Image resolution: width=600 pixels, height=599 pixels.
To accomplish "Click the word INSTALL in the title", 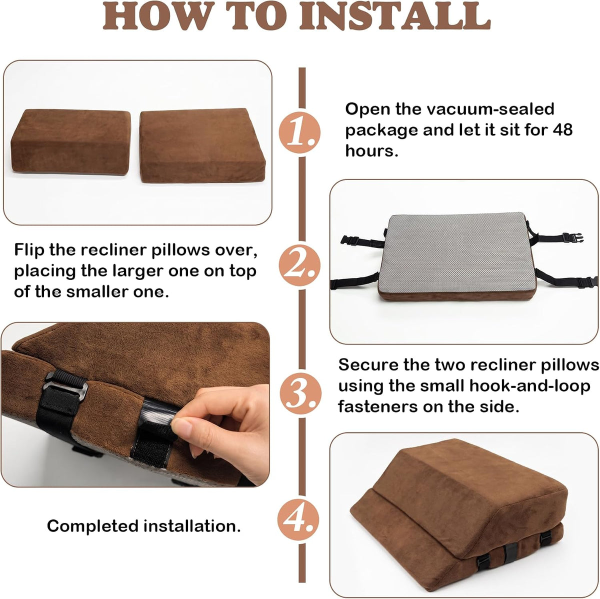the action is [395, 15].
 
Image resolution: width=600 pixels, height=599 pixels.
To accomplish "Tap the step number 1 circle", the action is [299, 132].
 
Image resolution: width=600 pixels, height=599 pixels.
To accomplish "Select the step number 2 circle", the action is [299, 265].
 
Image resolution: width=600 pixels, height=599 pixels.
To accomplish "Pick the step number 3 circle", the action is [300, 393].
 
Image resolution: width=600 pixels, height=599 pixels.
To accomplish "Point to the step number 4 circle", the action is [298, 519].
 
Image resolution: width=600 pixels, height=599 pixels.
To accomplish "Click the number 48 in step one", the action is [562, 129].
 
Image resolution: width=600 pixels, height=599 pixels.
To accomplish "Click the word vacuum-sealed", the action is [490, 109].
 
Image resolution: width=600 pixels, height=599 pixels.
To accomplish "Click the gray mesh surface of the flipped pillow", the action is [457, 252].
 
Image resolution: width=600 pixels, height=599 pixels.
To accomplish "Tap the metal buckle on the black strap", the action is [65, 386].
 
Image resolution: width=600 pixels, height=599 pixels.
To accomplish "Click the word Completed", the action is [93, 526].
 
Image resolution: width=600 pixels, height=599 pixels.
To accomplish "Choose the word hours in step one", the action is [372, 151].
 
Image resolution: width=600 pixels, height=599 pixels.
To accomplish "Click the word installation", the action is [192, 526].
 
